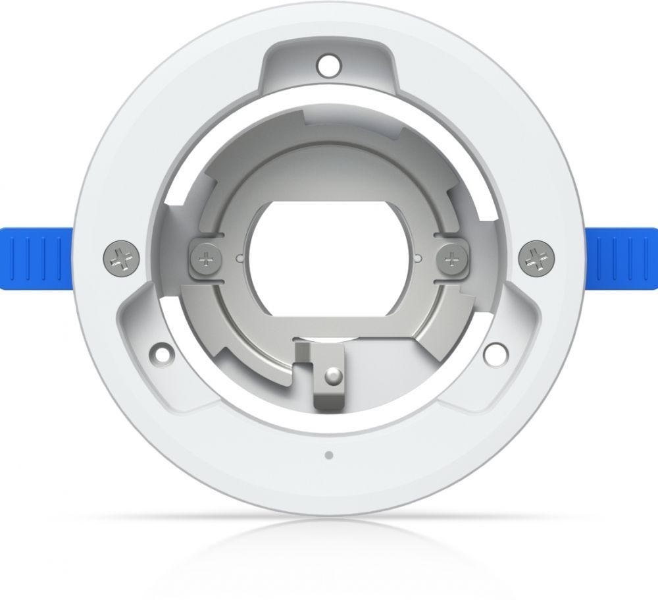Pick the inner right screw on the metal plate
click(x=451, y=258)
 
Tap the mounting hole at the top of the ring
click(x=326, y=65)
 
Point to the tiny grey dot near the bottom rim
click(x=328, y=454)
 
